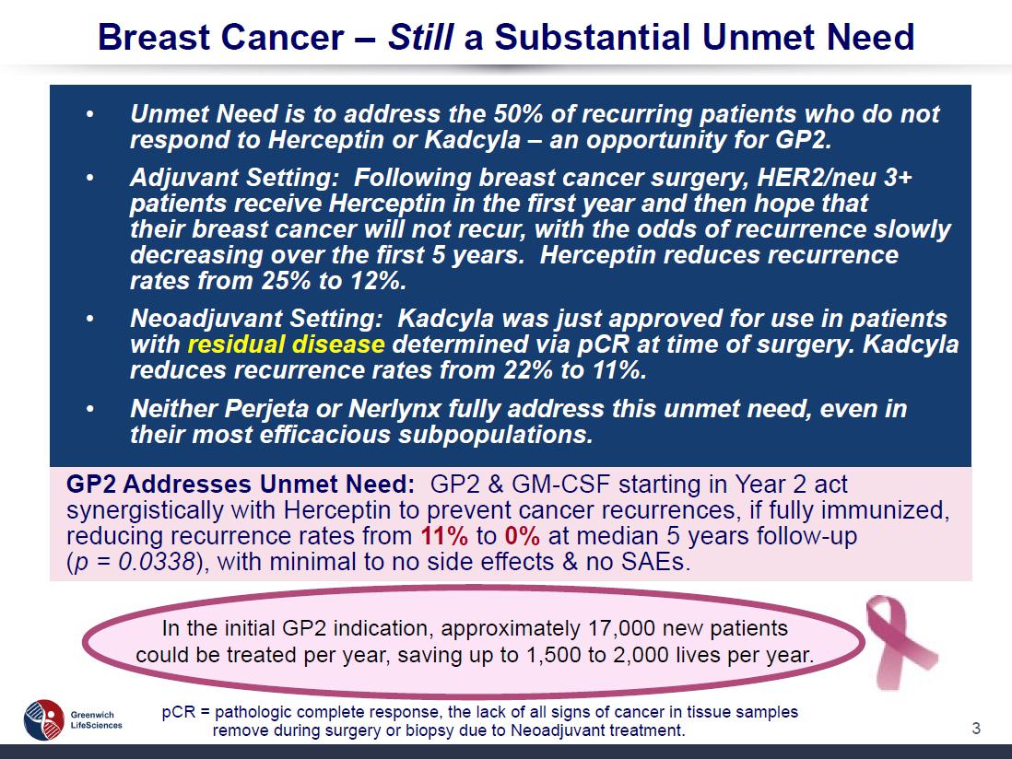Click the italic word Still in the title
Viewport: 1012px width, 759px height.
pos(420,37)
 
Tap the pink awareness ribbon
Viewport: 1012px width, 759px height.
pos(900,641)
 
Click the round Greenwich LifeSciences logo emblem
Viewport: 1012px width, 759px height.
pos(44,719)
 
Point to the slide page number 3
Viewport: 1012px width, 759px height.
pos(976,728)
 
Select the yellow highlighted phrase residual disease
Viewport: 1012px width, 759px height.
pos(286,344)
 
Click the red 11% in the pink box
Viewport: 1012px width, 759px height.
pos(444,536)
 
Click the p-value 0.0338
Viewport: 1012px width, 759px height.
pos(158,562)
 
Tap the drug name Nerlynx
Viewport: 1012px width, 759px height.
pos(395,408)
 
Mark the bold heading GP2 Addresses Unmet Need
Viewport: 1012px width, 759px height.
pos(240,484)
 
